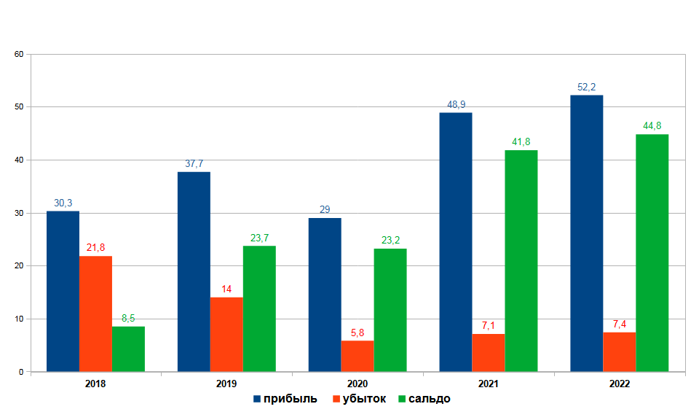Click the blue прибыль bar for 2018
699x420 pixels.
(63, 292)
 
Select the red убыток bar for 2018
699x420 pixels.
(95, 314)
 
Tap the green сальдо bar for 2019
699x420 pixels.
(259, 309)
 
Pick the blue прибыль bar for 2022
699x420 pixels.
(586, 233)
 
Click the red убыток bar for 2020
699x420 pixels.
(358, 356)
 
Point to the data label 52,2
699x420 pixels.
(587, 87)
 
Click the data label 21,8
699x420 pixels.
(95, 248)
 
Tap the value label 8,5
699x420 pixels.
(128, 319)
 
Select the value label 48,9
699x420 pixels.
(457, 105)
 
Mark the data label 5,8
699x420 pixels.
(358, 333)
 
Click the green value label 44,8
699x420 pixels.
(652, 126)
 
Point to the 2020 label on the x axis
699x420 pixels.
(358, 384)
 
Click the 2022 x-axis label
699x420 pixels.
(620, 384)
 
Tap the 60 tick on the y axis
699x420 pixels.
(20, 54)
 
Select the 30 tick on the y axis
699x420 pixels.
(20, 213)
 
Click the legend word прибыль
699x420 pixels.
(291, 399)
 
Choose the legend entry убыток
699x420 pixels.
(365, 399)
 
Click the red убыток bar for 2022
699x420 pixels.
(619, 352)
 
